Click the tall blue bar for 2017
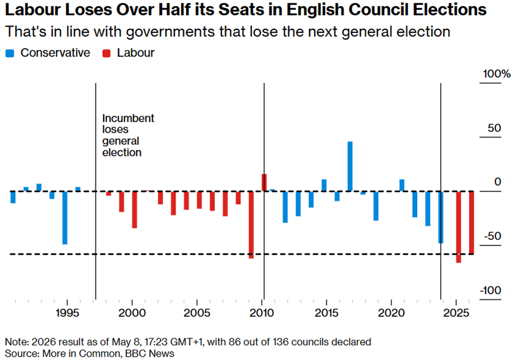(350, 166)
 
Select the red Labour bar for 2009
(251, 225)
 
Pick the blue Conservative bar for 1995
(65, 218)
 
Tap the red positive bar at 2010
(264, 182)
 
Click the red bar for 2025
(459, 227)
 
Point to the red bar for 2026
(472, 223)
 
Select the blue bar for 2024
(441, 217)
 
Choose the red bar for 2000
(135, 210)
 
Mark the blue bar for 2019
(376, 206)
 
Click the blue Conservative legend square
(10, 53)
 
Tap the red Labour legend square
(106, 53)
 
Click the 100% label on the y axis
(497, 74)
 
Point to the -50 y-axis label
(492, 236)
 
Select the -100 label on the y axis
(491, 290)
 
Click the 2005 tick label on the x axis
(197, 313)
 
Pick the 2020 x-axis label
(391, 313)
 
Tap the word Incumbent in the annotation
(128, 118)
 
